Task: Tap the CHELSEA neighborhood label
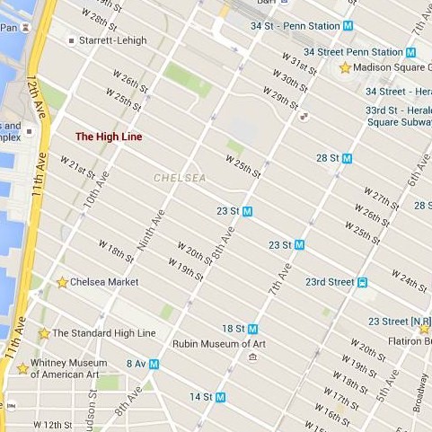(180, 178)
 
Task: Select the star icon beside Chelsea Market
(62, 282)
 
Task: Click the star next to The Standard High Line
(44, 333)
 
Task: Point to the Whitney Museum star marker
(22, 367)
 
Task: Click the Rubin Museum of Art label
(220, 343)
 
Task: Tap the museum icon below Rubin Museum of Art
(252, 357)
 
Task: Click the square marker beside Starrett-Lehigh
(71, 40)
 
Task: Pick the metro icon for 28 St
(347, 157)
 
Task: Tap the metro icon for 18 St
(253, 329)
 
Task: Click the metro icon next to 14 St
(220, 396)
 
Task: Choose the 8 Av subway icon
(154, 364)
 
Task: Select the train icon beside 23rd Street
(362, 282)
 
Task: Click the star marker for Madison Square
(345, 67)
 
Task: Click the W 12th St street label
(52, 424)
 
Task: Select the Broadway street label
(421, 391)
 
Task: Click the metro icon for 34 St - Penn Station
(348, 26)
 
